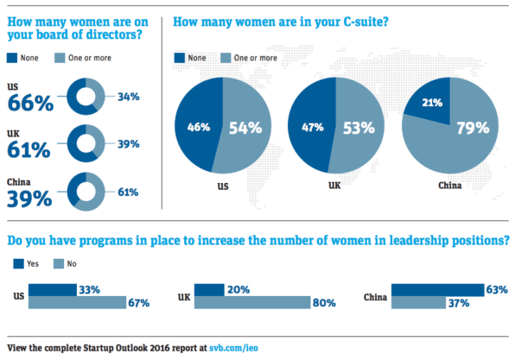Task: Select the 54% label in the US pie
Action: (x=245, y=128)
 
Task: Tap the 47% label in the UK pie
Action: (x=313, y=127)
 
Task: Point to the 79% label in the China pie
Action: (x=473, y=128)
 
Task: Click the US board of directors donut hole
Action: (x=86, y=97)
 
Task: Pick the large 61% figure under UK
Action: (x=29, y=149)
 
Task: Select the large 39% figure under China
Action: (x=29, y=199)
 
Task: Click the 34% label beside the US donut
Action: (x=129, y=97)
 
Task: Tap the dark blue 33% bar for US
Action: (x=53, y=290)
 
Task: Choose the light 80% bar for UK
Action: (x=252, y=302)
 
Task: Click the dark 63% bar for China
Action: (x=437, y=290)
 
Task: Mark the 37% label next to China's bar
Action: (x=459, y=303)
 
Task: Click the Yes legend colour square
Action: (x=18, y=263)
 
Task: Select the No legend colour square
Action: (x=59, y=263)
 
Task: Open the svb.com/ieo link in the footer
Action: (x=233, y=348)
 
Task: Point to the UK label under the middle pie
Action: (x=334, y=186)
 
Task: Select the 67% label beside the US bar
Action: (x=139, y=303)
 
